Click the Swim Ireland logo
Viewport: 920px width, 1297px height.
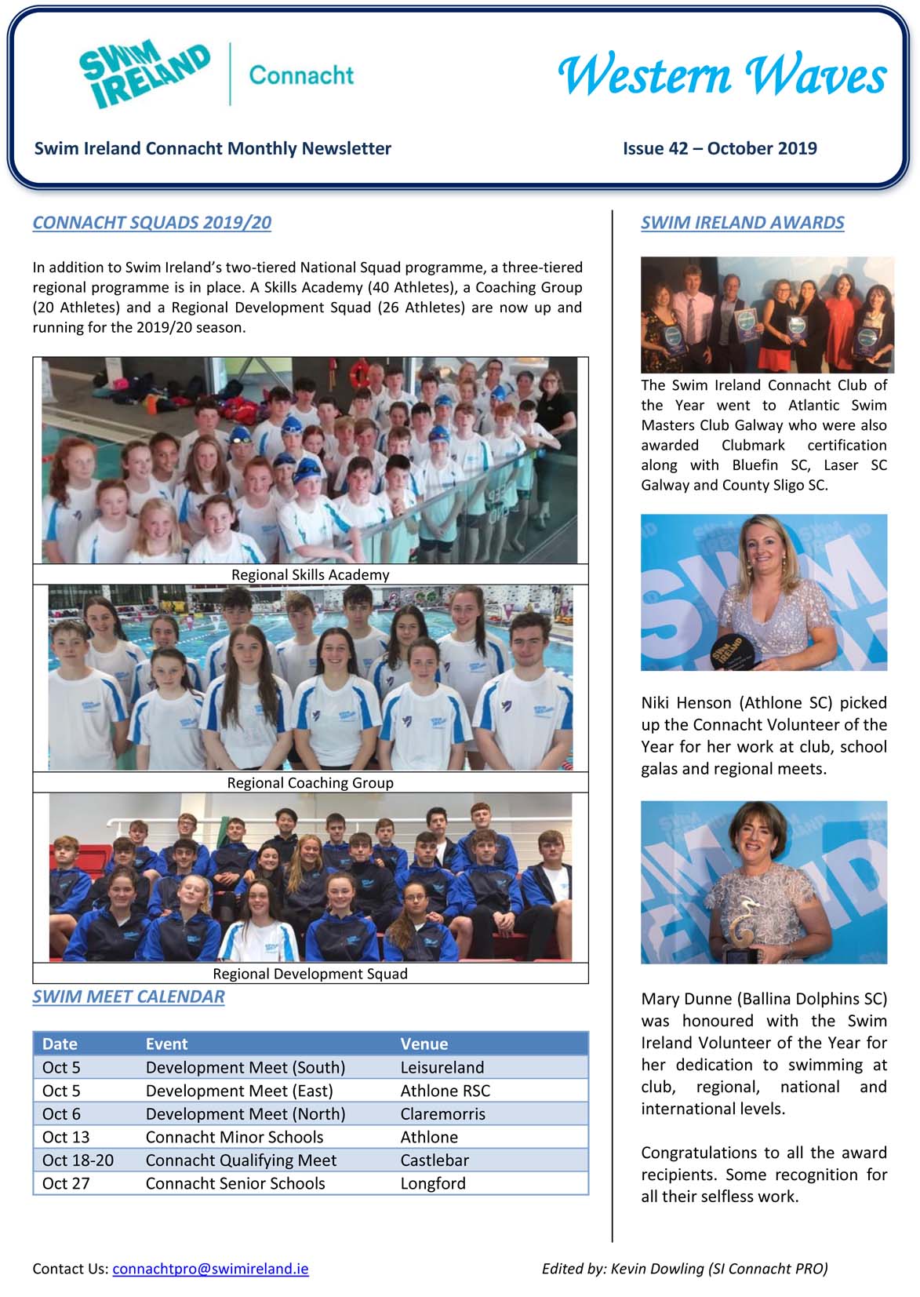point(145,75)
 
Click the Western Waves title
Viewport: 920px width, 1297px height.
point(722,76)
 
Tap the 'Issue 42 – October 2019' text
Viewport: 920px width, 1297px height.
point(719,148)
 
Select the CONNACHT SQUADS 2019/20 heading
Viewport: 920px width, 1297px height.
point(151,223)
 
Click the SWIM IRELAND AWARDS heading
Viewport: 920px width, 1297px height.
point(742,223)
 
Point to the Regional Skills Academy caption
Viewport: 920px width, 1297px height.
point(310,574)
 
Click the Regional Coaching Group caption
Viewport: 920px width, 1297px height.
point(310,782)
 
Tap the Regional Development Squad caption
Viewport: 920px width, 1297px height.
point(310,974)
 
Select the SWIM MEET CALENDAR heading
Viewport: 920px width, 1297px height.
point(129,996)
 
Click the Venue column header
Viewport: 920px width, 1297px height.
point(424,1044)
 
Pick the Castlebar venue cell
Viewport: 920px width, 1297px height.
point(434,1160)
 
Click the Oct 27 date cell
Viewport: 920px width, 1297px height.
point(66,1183)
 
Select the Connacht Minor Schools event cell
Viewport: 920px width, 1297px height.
point(234,1137)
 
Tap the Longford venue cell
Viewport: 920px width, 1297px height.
point(432,1183)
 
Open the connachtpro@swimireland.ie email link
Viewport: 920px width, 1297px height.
point(210,1269)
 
